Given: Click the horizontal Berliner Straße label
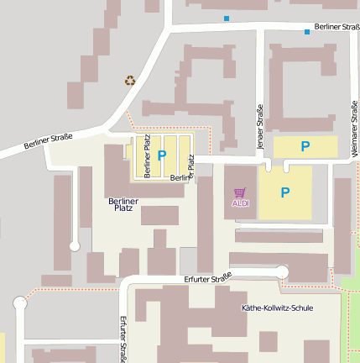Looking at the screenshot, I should pos(337,28).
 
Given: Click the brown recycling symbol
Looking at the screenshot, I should pos(130,81).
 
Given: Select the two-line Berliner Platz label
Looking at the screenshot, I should pos(123,204).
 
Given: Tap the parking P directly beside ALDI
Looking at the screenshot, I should pos(285,192).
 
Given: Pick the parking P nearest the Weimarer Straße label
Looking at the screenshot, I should pos(305,146).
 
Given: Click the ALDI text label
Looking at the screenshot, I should pos(241,203).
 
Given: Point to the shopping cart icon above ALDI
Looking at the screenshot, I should pos(241,192).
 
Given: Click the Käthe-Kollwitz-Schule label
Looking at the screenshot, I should pos(277,308).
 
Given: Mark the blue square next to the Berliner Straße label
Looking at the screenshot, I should pos(307,32).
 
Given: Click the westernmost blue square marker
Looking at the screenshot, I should pos(226,18).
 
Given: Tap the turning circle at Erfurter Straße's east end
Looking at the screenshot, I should pos(282,271).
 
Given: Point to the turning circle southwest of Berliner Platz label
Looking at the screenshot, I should pos(74,245).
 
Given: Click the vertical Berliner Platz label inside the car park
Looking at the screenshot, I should pos(148,156).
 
